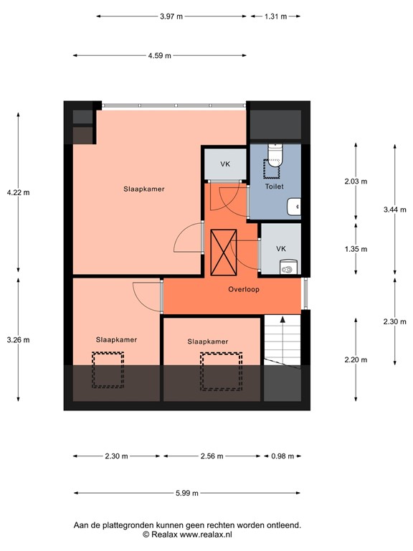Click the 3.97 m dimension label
171,16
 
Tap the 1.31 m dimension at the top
275,16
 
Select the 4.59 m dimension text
159,55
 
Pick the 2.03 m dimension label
356,182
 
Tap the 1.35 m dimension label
356,249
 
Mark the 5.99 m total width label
186,494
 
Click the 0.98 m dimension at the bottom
283,456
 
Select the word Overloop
244,290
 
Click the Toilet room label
274,187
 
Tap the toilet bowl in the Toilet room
275,155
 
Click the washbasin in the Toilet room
295,207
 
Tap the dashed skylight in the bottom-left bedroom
108,369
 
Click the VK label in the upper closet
225,164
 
